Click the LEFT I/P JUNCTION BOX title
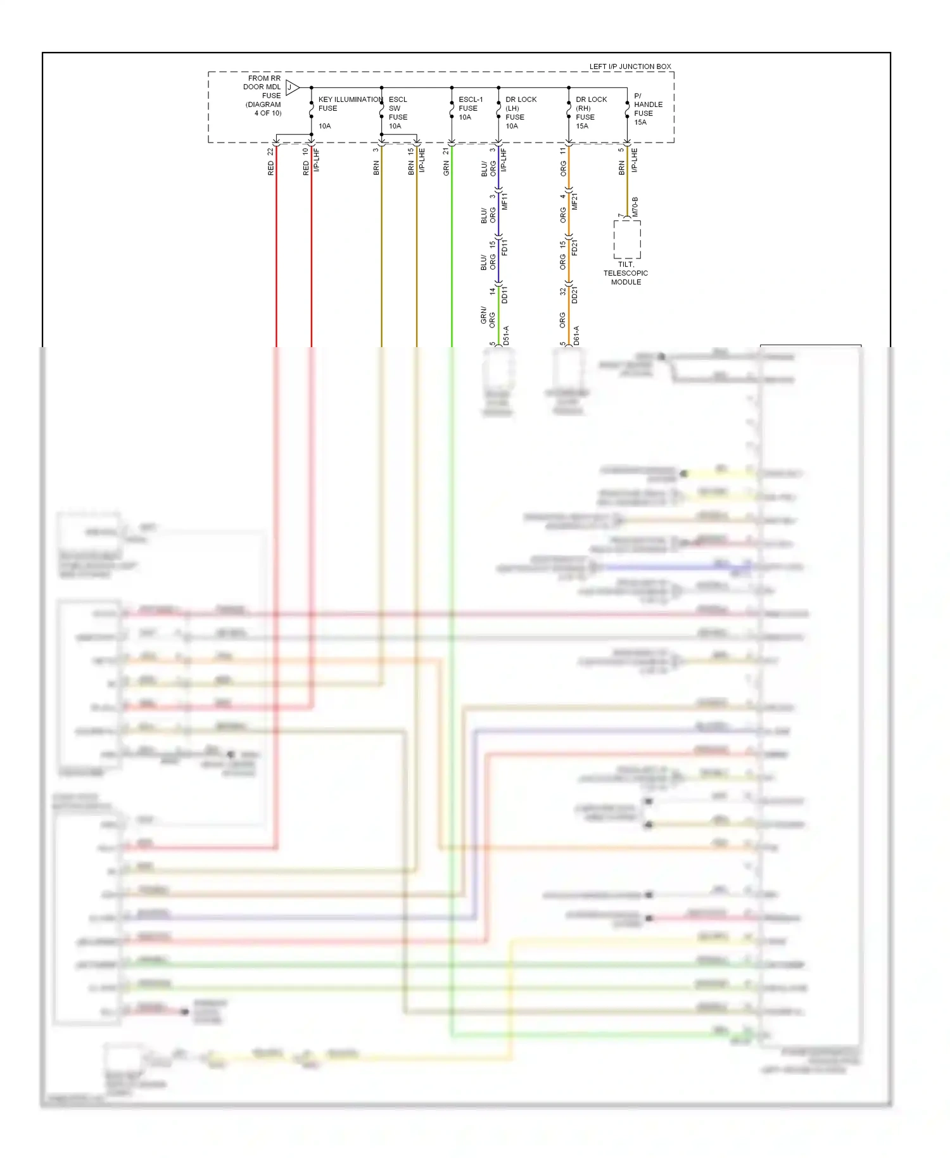tap(630, 66)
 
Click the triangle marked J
tap(291, 87)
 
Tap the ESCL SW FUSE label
tap(398, 108)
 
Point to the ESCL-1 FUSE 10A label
tap(470, 108)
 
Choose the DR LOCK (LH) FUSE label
tap(520, 108)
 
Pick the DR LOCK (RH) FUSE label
tap(590, 108)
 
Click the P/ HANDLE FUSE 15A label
tap(647, 109)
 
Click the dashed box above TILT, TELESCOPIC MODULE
tap(626, 239)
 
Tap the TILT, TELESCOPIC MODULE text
tap(625, 273)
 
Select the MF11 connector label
tap(505, 201)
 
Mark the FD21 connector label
tap(574, 247)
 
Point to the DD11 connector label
tap(505, 295)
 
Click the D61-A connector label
tap(576, 335)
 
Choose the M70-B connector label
tap(635, 207)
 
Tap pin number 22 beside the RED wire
tap(271, 151)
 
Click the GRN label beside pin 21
tap(446, 168)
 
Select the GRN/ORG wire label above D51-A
tap(488, 315)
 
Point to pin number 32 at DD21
tap(562, 291)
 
